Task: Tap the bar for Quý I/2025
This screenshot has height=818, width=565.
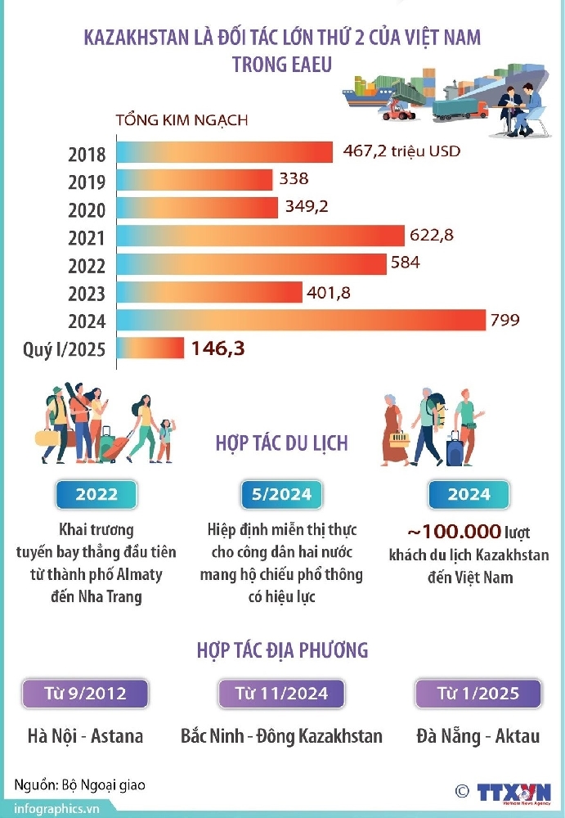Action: coord(150,348)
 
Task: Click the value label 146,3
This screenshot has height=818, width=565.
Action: coord(218,349)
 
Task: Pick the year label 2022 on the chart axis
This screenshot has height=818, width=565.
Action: coord(87,266)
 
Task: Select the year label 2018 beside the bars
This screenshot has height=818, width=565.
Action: coord(87,154)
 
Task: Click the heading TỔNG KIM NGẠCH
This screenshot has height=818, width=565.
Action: coord(182,120)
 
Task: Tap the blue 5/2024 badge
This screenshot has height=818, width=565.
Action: coord(282,495)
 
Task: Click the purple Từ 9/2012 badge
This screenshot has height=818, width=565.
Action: coord(85,694)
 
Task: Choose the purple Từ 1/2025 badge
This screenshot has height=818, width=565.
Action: coord(478,694)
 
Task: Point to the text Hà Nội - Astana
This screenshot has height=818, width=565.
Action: coord(85,735)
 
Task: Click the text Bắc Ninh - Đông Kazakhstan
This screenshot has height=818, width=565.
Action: coord(281,735)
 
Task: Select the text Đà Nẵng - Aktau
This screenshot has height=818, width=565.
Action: coord(478,735)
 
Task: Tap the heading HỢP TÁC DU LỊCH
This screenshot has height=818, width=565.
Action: coord(281,443)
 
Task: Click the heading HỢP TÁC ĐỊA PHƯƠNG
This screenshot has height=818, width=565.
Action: coord(282,650)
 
